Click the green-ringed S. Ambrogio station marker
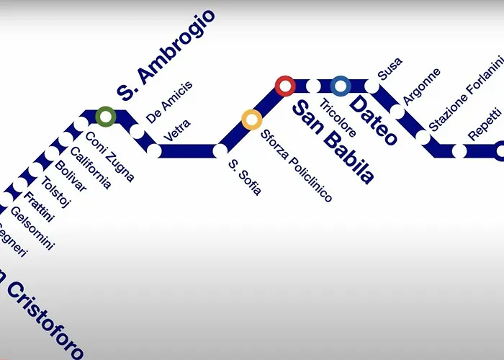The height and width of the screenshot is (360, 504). (x=106, y=115)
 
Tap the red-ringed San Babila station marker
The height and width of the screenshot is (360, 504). (x=285, y=86)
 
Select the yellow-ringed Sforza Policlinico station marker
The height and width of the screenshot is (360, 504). (x=251, y=120)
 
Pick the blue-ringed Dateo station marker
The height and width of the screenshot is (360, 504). (x=341, y=86)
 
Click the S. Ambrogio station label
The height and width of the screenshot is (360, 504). (x=166, y=54)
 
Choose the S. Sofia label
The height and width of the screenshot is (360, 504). (x=244, y=177)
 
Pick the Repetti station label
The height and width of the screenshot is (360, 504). (x=483, y=124)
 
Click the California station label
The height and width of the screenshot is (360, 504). (x=91, y=167)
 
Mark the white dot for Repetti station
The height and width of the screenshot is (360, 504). (x=459, y=151)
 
